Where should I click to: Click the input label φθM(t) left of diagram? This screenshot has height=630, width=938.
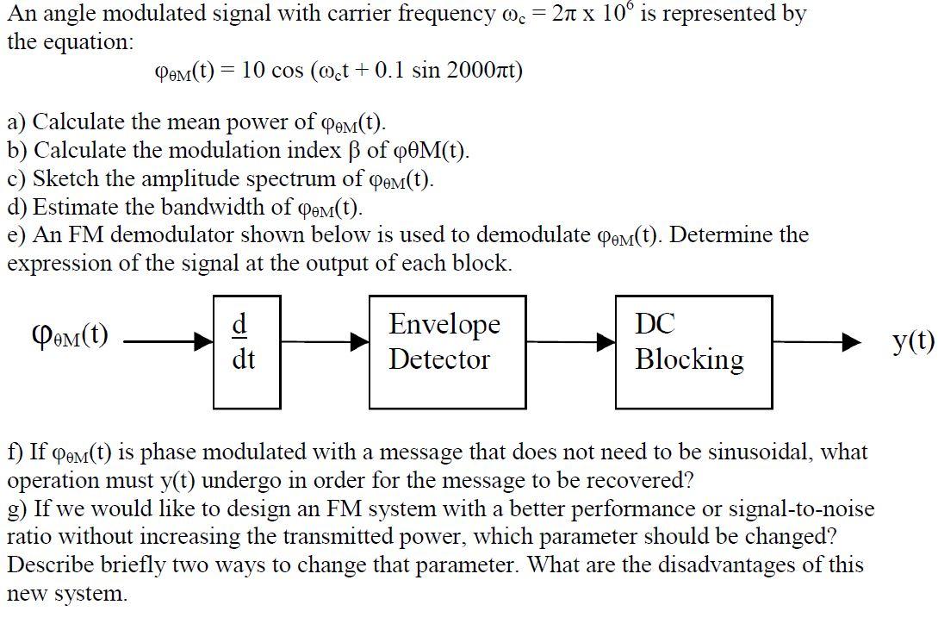pos(69,334)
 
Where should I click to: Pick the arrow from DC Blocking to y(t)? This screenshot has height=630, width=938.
pos(827,342)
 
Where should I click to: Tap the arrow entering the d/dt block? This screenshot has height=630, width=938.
pos(168,342)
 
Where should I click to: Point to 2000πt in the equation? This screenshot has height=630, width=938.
pos(484,71)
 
